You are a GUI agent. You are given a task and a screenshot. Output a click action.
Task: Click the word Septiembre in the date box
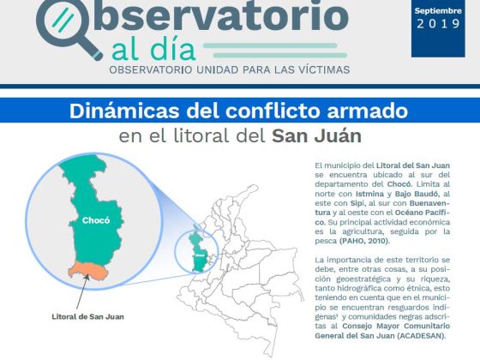pos(438,11)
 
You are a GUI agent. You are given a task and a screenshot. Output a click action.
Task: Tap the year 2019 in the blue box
pos(438,24)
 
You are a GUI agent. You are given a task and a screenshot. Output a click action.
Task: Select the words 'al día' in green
pos(153,51)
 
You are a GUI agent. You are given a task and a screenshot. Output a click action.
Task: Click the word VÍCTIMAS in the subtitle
pos(324,69)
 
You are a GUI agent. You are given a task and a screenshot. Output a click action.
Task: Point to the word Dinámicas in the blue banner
pos(124,111)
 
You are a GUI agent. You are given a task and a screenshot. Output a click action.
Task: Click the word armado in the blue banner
pos(368,111)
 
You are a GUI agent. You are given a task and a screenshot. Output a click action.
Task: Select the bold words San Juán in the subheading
pos(316,136)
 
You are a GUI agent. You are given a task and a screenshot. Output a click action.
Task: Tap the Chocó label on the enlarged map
pos(96,220)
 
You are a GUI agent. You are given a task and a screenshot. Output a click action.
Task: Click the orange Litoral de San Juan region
pos(88,270)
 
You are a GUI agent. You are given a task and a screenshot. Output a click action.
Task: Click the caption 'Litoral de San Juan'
pos(87,316)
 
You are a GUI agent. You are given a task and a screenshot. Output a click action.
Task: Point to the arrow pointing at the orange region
pos(82,291)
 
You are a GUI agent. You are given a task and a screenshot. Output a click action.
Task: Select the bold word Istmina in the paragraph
pos(369,194)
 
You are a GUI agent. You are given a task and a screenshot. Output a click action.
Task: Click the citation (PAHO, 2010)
pos(365,241)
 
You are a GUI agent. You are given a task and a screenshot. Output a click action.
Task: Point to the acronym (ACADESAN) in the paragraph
pos(422,336)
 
